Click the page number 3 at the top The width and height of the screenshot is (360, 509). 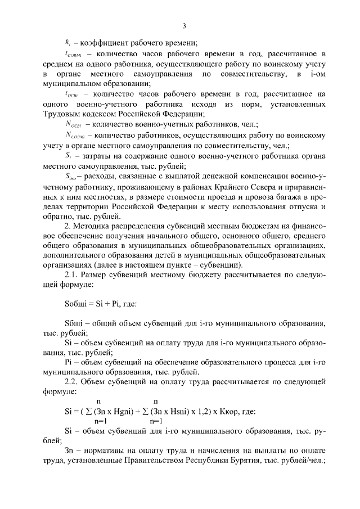point(184,25)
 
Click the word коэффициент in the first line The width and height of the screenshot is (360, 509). point(109,43)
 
